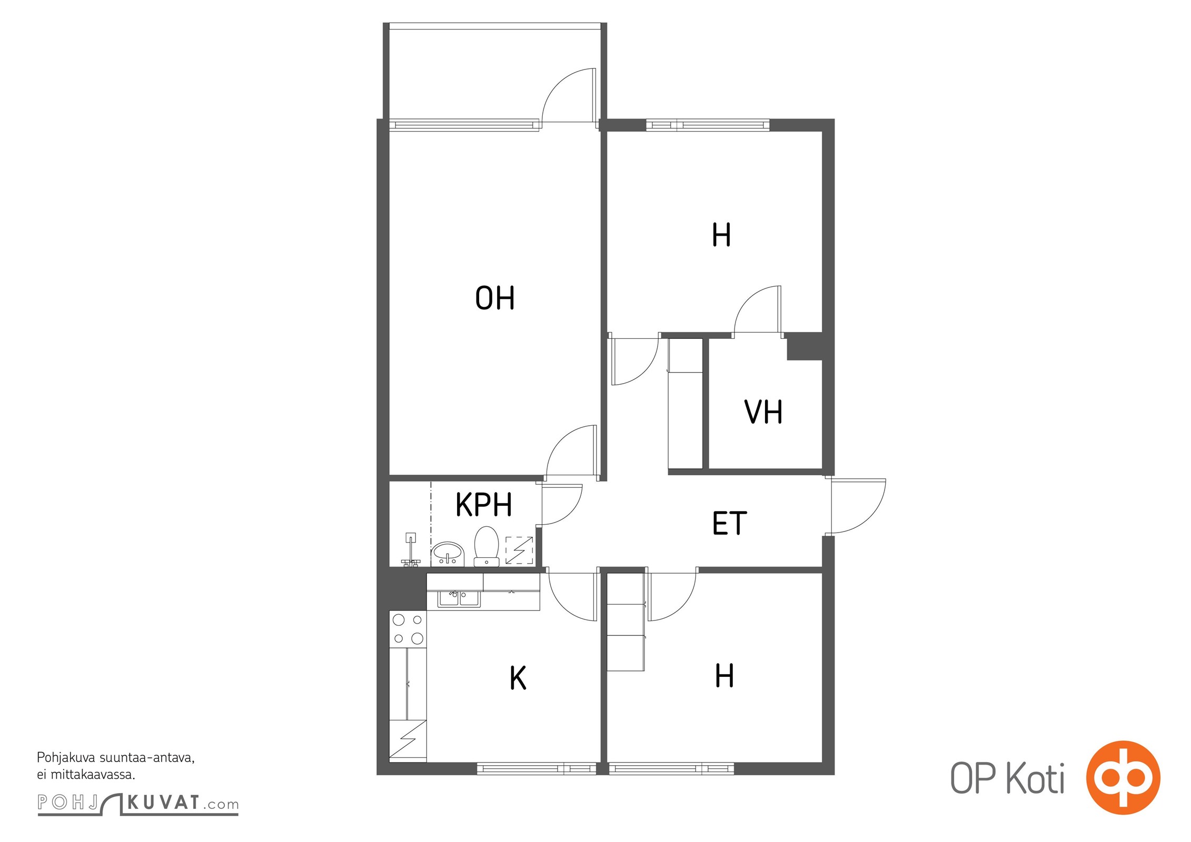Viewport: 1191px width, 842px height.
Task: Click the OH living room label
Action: click(x=494, y=298)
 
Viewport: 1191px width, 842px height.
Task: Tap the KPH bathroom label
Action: click(x=483, y=505)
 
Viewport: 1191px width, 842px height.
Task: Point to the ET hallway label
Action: click(x=729, y=523)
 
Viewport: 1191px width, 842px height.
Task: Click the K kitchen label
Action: click(x=518, y=678)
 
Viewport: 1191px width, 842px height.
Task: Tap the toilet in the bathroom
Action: click(x=487, y=546)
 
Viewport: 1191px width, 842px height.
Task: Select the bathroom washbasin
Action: click(x=448, y=554)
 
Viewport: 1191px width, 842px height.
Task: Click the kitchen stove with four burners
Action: click(x=408, y=629)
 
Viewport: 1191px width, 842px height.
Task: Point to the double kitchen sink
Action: click(x=459, y=599)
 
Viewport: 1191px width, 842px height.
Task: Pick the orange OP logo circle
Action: click(x=1124, y=778)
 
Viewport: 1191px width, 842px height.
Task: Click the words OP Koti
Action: click(x=1007, y=778)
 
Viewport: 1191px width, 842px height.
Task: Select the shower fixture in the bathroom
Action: click(x=411, y=549)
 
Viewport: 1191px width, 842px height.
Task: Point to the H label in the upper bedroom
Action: click(x=721, y=235)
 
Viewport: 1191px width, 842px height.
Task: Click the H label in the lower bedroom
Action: click(x=724, y=675)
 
